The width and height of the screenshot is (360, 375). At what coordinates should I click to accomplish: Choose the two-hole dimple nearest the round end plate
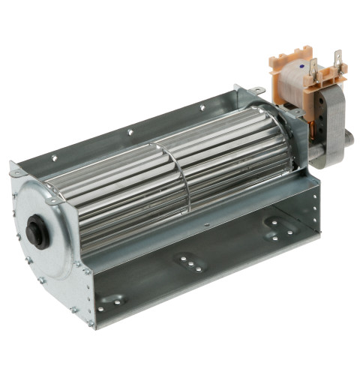112,299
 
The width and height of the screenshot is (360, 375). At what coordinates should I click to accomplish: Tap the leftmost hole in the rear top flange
55,158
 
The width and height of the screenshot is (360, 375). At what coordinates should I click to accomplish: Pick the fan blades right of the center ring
232,161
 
